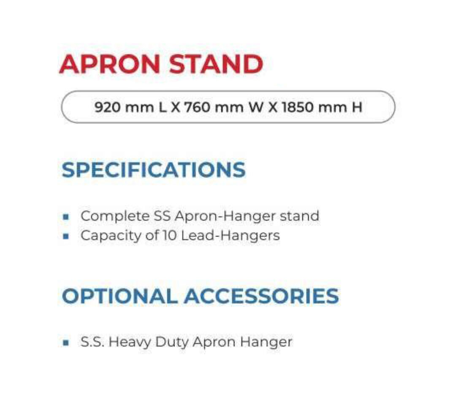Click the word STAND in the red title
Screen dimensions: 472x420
click(216, 64)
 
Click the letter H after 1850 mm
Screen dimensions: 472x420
click(357, 107)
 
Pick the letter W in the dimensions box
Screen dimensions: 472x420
click(256, 107)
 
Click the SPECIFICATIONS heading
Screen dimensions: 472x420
click(154, 170)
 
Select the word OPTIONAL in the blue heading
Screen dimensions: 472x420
click(119, 296)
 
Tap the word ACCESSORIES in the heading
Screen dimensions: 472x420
click(261, 296)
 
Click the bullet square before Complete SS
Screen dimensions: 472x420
click(65, 217)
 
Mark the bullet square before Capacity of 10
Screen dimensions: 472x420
click(65, 236)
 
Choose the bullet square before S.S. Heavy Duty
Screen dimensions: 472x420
click(65, 343)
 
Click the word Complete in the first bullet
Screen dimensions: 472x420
click(115, 216)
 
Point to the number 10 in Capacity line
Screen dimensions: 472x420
click(169, 236)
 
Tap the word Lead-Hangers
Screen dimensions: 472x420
click(231, 236)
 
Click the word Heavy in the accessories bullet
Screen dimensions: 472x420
click(130, 342)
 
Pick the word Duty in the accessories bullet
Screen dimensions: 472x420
click(172, 342)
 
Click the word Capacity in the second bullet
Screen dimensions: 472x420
click(111, 236)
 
